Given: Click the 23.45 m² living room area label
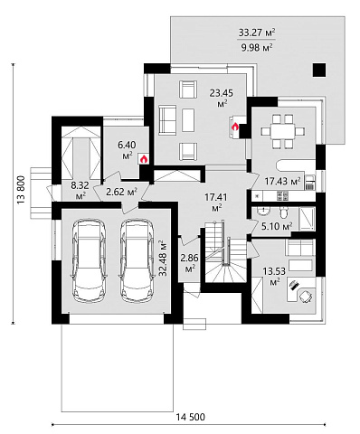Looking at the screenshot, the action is (x=222, y=98).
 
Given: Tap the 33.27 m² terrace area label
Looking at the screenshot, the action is (x=257, y=33).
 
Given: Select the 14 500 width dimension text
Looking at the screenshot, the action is (x=190, y=417).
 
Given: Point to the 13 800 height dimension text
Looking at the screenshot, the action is (x=21, y=190).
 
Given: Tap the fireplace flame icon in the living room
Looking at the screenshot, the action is (x=235, y=127).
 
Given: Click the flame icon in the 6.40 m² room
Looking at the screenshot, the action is (x=144, y=158).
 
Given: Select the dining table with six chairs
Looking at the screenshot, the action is (x=282, y=131).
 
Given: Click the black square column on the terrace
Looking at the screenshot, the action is (x=319, y=70).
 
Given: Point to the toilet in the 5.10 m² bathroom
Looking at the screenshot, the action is (x=283, y=213).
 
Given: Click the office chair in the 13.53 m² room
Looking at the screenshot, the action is (x=305, y=296).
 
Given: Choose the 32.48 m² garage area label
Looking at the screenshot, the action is (x=163, y=258).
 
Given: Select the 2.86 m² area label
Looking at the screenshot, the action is (x=189, y=263).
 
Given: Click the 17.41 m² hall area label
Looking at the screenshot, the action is (x=216, y=203).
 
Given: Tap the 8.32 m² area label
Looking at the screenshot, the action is (x=80, y=191).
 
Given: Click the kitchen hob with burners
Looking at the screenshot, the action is (x=282, y=196).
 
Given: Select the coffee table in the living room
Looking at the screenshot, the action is (x=188, y=120).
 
